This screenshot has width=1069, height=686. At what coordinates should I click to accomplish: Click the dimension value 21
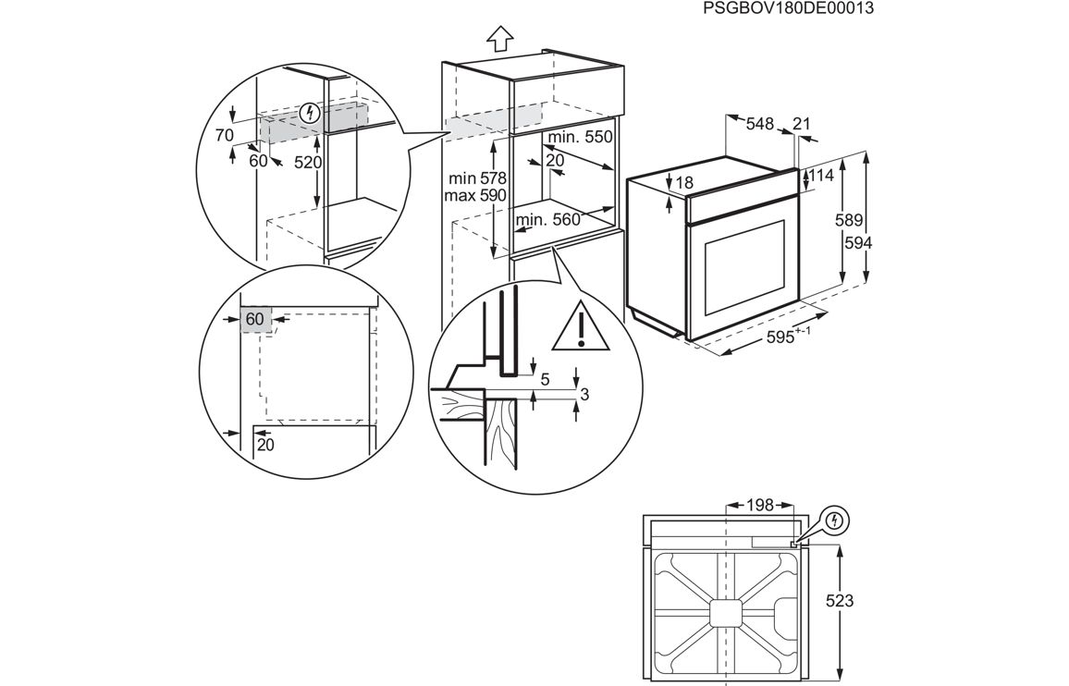[x=802, y=123]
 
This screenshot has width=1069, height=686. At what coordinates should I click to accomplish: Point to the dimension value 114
[x=822, y=175]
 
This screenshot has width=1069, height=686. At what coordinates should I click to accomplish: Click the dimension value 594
[x=857, y=241]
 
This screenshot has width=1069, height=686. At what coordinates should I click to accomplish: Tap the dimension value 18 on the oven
[x=684, y=183]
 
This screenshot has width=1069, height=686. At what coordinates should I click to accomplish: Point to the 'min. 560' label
[x=548, y=219]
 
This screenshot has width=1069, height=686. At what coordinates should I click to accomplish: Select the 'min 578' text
[x=475, y=178]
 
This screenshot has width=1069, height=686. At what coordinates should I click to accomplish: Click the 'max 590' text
[x=475, y=195]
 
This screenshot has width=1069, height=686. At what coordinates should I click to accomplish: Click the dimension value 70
[x=224, y=135]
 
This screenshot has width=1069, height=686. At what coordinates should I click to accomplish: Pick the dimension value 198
[x=759, y=505]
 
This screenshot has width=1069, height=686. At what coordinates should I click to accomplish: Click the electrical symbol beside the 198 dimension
[x=835, y=521]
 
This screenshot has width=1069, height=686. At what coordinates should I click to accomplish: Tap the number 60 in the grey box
[x=256, y=319]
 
